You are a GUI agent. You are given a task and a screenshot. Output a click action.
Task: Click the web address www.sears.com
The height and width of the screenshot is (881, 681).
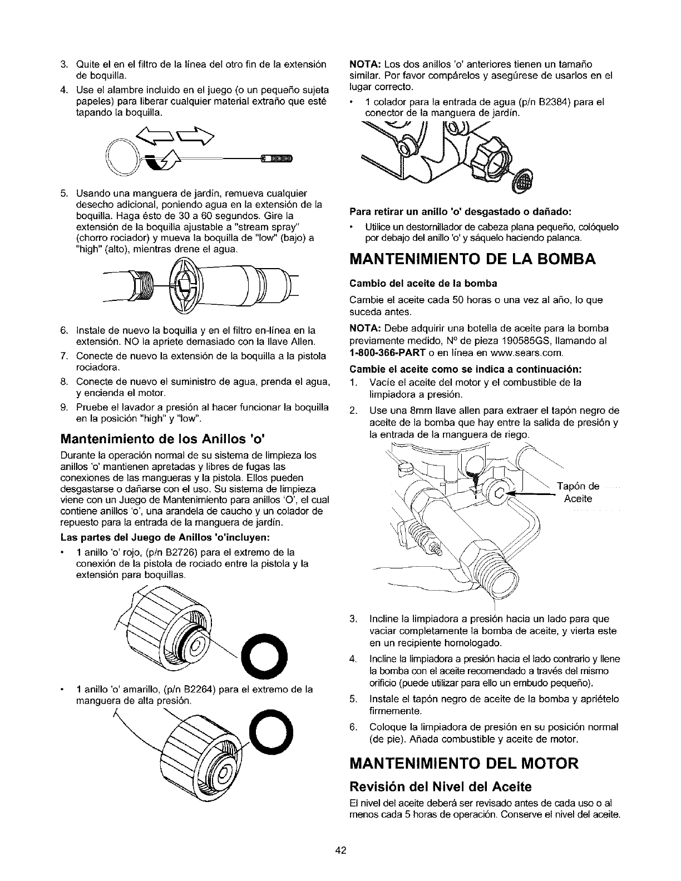click(x=532, y=353)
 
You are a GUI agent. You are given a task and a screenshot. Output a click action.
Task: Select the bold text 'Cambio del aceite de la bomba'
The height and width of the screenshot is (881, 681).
click(x=423, y=283)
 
